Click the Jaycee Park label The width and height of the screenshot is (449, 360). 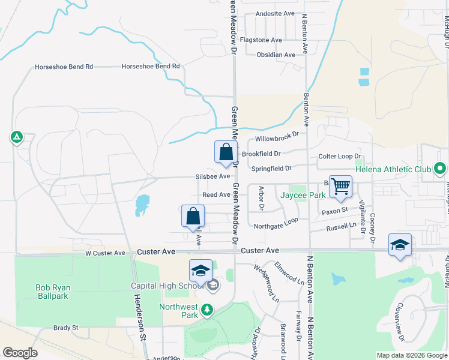[304, 195]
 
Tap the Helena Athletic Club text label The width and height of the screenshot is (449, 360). [393, 170]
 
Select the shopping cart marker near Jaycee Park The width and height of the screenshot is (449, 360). [340, 187]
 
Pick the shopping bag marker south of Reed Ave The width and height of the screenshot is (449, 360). [193, 217]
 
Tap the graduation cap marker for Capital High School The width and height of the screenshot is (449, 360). [201, 271]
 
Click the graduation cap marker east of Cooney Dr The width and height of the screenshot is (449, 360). [400, 245]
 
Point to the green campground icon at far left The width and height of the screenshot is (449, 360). [16, 137]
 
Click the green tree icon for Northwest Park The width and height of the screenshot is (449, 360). [207, 310]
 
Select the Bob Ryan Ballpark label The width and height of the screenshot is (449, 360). [51, 292]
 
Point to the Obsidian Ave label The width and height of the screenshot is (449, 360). [276, 55]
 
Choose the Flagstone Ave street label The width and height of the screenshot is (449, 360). [261, 40]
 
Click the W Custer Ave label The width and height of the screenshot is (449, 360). [104, 253]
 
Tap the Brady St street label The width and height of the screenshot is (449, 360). [66, 328]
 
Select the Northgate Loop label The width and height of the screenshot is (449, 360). [276, 226]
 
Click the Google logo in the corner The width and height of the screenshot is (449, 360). [20, 353]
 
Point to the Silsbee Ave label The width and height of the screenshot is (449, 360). [212, 176]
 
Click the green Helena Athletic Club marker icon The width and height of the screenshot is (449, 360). [440, 169]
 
